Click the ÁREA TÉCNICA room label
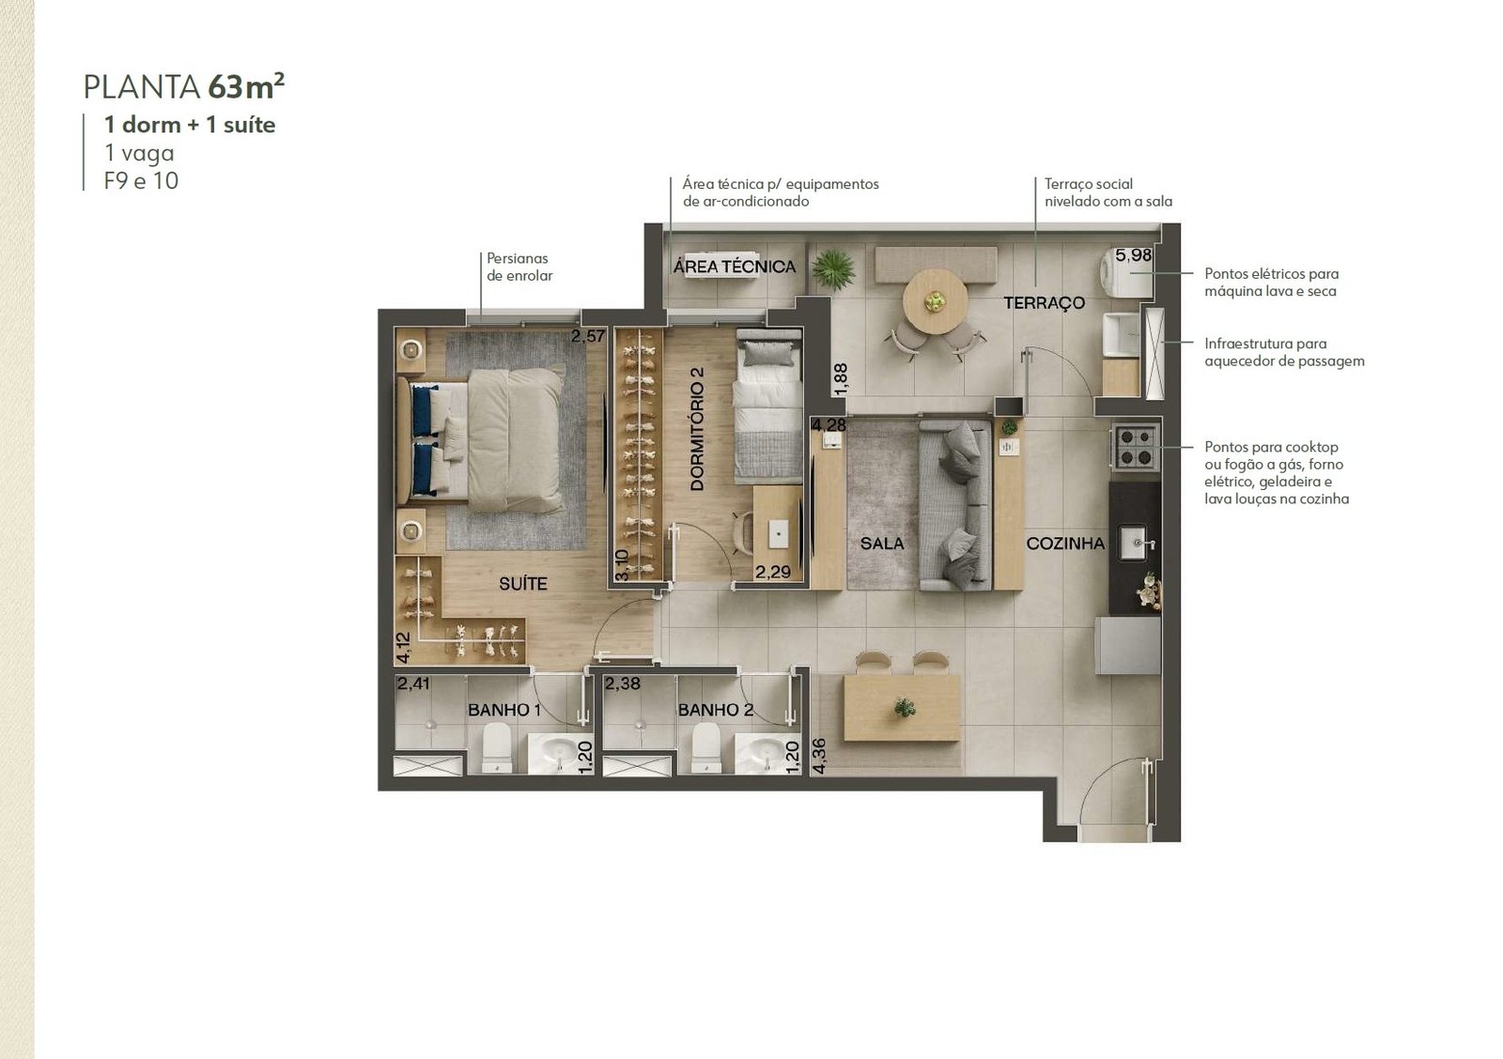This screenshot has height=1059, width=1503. [734, 267]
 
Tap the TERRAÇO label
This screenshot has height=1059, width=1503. [1044, 303]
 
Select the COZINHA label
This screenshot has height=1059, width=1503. [1065, 544]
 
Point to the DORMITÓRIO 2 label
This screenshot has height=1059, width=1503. [696, 428]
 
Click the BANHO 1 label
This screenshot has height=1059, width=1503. [504, 710]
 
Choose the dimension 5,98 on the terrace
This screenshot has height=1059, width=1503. [1133, 255]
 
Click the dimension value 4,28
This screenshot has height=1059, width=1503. [829, 425]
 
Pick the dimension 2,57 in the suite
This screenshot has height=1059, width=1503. [588, 336]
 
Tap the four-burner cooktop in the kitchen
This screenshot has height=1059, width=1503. [1137, 447]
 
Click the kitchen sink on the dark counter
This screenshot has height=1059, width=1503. [1136, 543]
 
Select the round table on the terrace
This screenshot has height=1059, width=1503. [935, 301]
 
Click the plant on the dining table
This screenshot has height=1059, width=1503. [904, 707]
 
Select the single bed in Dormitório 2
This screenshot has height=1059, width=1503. [768, 405]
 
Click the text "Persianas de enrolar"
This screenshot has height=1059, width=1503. [519, 267]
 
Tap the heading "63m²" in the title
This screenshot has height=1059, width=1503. [246, 85]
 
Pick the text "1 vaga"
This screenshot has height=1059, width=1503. [139, 153]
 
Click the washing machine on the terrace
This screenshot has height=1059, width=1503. [1126, 273]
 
